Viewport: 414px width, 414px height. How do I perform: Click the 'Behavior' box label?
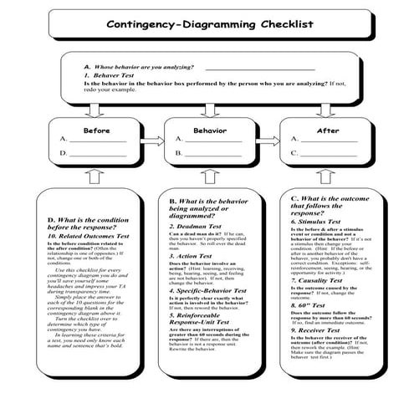209,130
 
